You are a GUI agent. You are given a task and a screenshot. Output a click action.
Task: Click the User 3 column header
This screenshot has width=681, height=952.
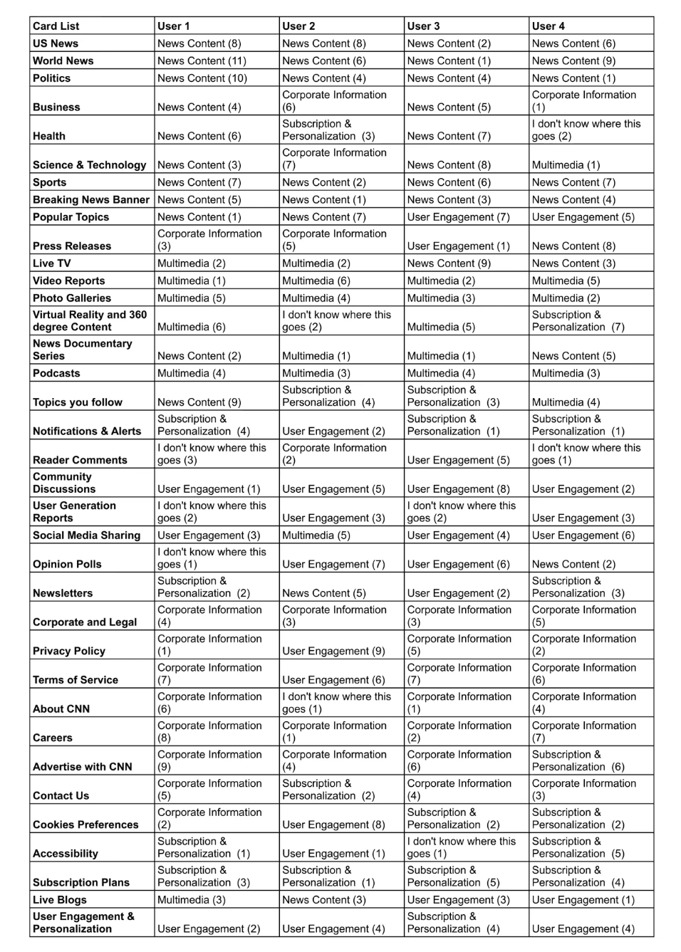[424, 26]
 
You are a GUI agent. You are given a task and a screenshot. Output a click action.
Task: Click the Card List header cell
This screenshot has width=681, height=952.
[56, 26]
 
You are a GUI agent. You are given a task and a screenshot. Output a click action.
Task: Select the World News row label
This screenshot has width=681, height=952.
[63, 61]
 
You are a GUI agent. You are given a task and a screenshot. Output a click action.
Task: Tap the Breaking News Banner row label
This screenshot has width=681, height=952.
[91, 200]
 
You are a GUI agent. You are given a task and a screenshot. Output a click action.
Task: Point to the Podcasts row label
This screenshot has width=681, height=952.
[57, 373]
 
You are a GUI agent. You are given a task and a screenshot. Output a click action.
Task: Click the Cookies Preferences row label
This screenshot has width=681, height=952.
[85, 825]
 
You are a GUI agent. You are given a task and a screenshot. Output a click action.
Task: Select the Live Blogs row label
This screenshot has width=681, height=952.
[60, 900]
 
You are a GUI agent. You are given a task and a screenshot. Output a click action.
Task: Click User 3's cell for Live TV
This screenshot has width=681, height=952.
[449, 263]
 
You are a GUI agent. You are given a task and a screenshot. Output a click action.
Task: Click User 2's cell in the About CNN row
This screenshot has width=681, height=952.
[336, 703]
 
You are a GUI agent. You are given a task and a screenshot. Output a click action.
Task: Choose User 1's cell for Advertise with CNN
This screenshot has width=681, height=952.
[209, 760]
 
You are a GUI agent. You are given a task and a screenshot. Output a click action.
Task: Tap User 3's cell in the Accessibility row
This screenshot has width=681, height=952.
[461, 847]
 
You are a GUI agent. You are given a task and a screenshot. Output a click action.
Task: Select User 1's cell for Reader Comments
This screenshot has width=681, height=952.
[212, 454]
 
